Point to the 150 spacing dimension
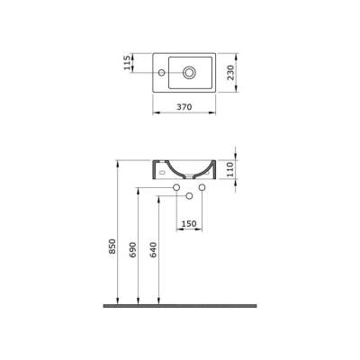coord(189,223)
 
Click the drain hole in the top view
coord(191,72)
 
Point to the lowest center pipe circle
coord(190,197)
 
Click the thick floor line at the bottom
coord(180,306)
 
